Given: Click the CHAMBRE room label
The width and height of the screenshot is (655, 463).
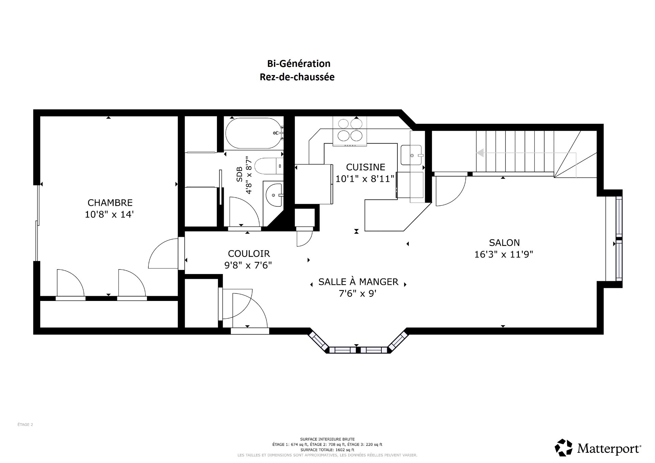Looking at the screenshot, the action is coord(110,203).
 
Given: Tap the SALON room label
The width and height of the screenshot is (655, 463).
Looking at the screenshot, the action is coord(504,243).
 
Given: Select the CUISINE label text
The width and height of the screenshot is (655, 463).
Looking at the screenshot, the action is coord(365,167).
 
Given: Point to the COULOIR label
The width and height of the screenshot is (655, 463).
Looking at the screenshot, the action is coord(249,254).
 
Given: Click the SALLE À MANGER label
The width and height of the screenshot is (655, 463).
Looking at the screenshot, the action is coord(358,282).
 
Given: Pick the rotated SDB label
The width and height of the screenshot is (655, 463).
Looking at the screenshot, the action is coord(239,174).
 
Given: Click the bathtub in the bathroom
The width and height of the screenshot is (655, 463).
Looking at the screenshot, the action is coord(254,133).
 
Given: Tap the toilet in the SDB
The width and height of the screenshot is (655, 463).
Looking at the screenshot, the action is coord(269,166).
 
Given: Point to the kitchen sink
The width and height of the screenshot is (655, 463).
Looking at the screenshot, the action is coord(411,155).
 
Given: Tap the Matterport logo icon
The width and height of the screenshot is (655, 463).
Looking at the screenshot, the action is coord(564,448).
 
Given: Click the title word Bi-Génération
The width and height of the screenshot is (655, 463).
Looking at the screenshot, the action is coord(299,64).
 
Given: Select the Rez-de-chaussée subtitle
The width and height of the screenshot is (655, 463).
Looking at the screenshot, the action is coord(297,77).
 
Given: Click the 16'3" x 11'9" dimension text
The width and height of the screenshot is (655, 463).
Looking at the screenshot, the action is coord(504,255).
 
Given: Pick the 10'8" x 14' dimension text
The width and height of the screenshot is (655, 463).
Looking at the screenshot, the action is coord(109,215).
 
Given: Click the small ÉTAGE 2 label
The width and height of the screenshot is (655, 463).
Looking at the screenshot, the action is coord(25,425).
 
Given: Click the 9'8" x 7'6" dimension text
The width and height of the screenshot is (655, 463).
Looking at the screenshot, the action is coord(248,265).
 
